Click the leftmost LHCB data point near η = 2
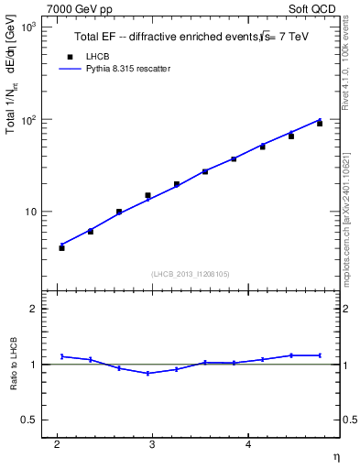pos(61,247)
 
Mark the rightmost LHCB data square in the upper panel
pos(320,123)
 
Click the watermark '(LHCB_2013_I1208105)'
pos(190,274)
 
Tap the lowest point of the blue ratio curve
pos(147,373)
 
